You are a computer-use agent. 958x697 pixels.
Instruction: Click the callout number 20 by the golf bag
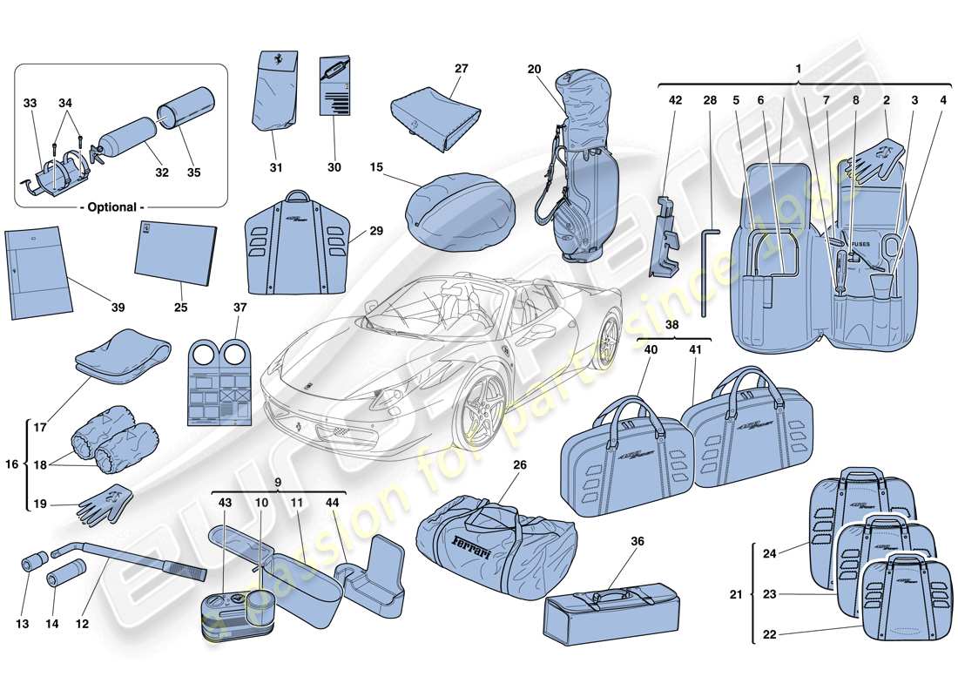pos(534,69)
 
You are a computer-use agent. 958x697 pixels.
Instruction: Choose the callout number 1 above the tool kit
pos(799,69)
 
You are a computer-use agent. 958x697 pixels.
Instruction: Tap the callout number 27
pos(461,68)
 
